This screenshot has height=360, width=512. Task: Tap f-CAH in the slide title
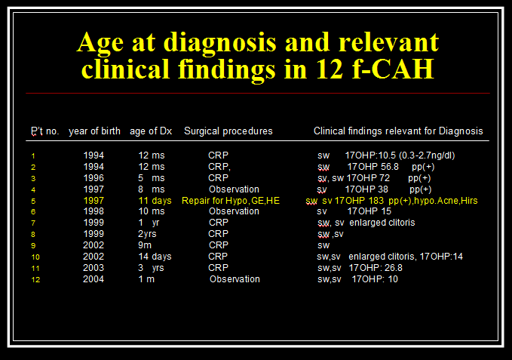393,69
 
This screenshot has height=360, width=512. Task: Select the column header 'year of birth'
94,131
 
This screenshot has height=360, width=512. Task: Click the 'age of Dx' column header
151,131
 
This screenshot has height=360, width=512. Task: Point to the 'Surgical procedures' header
228,131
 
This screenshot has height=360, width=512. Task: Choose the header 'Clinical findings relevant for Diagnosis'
398,131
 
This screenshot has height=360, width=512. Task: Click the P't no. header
45,131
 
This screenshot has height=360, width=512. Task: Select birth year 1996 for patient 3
94,178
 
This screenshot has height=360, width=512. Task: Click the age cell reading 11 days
155,201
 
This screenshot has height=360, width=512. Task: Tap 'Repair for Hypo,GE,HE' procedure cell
231,201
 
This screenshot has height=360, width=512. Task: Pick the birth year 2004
94,279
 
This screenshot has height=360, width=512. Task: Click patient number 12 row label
35,280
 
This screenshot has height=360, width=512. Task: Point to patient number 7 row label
33,223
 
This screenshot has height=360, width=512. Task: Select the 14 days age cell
155,257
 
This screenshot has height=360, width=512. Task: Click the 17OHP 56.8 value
373,167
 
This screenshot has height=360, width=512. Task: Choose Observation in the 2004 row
235,279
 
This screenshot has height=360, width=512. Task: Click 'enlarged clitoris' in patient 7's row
382,223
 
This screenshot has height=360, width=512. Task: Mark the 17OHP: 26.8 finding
376,268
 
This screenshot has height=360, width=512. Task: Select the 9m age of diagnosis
145,245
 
